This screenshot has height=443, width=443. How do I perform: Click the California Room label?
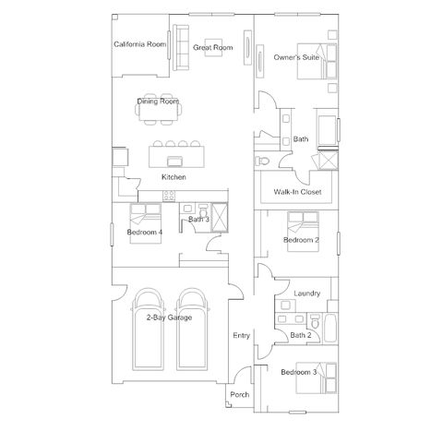coord(140,44)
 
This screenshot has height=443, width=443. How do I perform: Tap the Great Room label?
coord(213,47)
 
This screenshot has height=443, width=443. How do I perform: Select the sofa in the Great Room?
coord(181,47)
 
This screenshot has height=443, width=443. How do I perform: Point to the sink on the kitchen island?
coord(175,161)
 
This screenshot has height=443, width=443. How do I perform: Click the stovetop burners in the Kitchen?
coord(169,196)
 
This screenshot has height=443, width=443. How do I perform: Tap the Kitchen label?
coord(174,177)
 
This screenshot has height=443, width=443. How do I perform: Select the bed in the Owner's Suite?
coord(317,61)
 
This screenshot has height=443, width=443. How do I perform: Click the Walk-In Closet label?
coord(297,192)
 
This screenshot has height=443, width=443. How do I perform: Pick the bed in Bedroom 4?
coord(146,223)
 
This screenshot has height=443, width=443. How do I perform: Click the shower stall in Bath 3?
coord(220,217)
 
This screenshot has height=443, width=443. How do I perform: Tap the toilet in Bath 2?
coord(315,321)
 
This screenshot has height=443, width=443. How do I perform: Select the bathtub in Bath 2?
coord(330,328)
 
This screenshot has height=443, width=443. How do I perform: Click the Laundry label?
coord(307,293)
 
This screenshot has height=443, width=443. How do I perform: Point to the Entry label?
coord(242,335)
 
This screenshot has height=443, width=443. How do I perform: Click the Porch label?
coord(240,394)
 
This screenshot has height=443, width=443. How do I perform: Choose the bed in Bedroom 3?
coord(317,378)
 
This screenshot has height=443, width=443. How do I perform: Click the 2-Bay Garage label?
coord(169,317)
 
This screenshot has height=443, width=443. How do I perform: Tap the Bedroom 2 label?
coord(301,240)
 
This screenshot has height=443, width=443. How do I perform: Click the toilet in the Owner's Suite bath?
coord(262,161)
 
